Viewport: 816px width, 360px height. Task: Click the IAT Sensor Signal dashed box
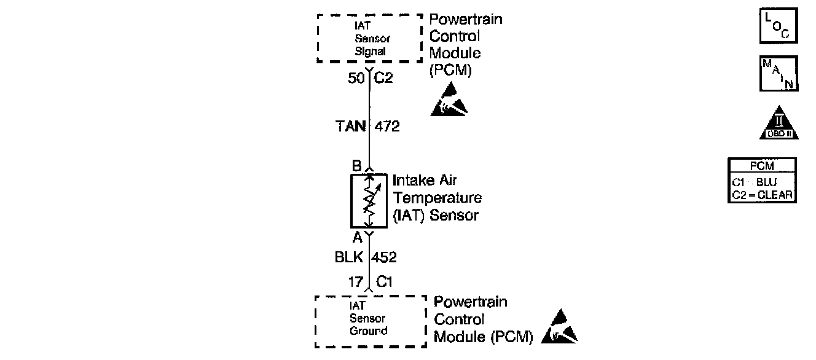[x=370, y=38]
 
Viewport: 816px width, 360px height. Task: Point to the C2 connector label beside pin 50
[x=383, y=78]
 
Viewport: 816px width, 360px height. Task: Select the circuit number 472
[x=387, y=127]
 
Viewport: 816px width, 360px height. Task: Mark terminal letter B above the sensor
[x=356, y=166]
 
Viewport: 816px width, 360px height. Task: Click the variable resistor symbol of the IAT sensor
[x=369, y=200]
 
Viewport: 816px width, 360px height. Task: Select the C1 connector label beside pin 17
[x=384, y=282]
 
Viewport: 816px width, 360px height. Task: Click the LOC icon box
[x=779, y=26]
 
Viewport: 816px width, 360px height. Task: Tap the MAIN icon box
[x=779, y=73]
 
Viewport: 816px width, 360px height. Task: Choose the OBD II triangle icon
[x=779, y=123]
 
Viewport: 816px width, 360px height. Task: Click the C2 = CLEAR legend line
[x=762, y=195]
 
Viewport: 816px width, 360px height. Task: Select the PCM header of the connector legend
[x=762, y=166]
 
